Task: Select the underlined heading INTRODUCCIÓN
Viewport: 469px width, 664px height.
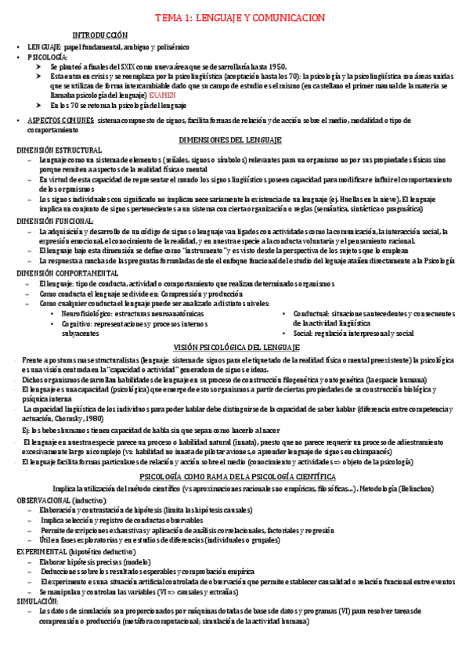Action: pos(99,36)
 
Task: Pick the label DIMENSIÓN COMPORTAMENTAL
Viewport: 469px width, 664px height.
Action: pos(66,272)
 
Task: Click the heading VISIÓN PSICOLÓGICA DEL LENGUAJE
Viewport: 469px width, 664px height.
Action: pos(234,347)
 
